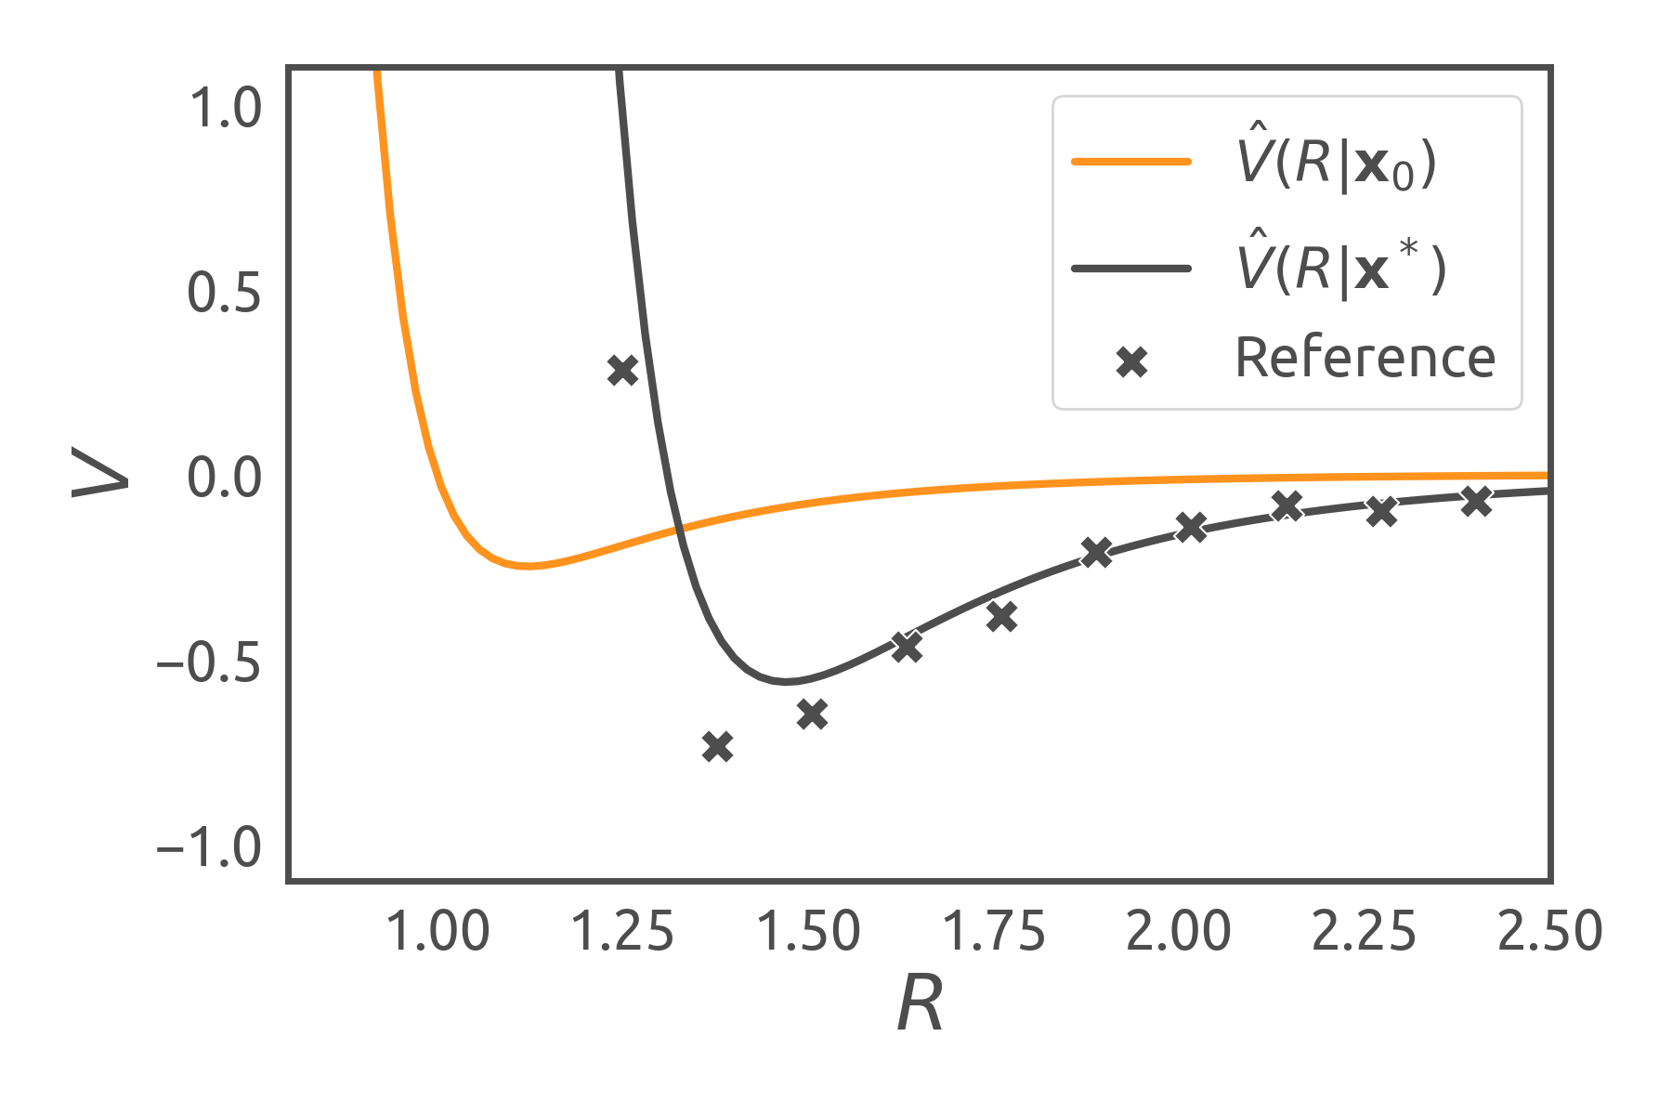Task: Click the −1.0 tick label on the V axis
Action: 210,848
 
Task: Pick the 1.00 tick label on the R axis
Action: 437,931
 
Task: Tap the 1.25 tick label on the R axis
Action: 622,931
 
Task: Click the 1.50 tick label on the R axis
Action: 808,931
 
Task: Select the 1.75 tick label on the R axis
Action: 994,931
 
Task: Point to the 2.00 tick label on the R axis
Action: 1179,931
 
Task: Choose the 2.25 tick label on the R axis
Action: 1365,931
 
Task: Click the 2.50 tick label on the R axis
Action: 1550,931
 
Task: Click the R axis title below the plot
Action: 920,1004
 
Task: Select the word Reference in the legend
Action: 1365,358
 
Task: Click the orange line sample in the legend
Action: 1131,162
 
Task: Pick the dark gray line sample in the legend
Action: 1131,269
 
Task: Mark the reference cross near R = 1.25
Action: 622,371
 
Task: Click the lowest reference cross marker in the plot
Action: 717,746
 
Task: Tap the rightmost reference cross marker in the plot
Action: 1476,502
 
